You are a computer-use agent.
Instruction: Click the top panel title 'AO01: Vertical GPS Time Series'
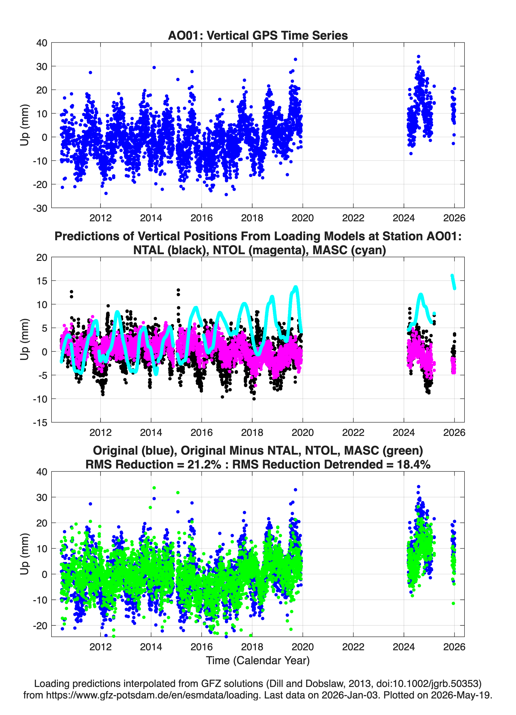pos(258,35)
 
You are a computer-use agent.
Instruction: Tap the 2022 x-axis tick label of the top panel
pos(353,218)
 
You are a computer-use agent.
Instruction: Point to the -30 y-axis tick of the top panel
pos(40,208)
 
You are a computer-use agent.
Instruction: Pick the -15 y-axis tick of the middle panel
pos(40,422)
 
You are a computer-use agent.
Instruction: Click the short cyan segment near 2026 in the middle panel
pos(453,282)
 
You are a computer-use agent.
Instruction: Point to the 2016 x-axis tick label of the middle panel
pos(202,433)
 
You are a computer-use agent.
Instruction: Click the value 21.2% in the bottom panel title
pos(204,464)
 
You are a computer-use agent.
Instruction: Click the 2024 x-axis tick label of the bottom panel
pos(404,647)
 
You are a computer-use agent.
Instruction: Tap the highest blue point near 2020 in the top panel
pos(295,59)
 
